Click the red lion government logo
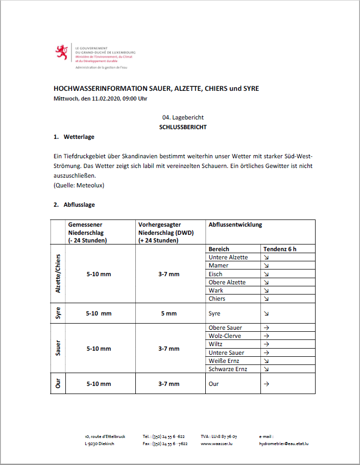[62, 52]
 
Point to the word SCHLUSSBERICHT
[183, 127]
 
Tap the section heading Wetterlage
[79, 137]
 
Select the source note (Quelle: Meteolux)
[79, 185]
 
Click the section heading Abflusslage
[79, 205]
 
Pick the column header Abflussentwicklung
[235, 224]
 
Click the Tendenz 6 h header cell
[279, 249]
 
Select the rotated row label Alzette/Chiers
[58, 274]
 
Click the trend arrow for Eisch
[266, 274]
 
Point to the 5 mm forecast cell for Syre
[169, 313]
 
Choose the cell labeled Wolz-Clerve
[225, 336]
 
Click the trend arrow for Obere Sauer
[266, 328]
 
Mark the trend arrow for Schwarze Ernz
[266, 369]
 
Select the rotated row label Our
[58, 384]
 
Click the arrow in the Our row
[266, 384]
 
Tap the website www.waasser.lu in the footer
[217, 444]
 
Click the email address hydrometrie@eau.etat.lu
[284, 444]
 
